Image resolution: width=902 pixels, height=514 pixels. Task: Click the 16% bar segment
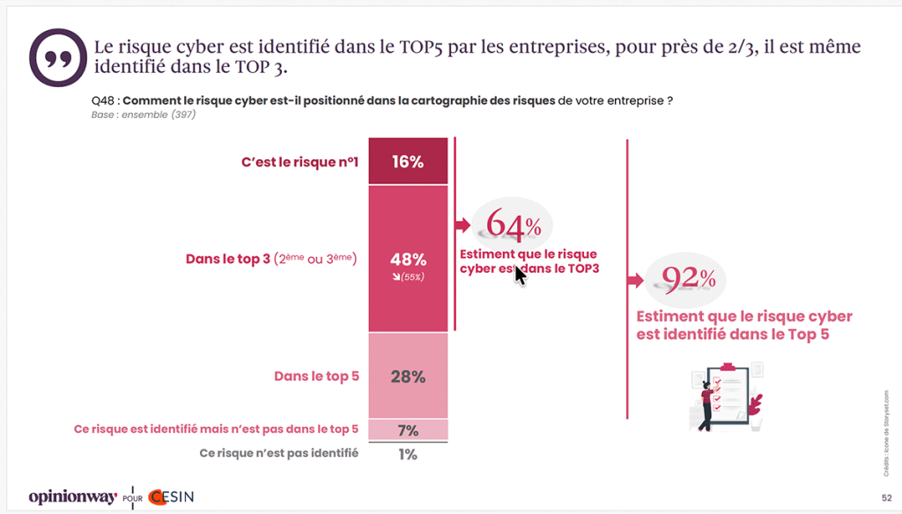408,161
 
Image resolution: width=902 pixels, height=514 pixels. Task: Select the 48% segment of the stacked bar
408,259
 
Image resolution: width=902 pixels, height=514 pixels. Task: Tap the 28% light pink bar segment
408,376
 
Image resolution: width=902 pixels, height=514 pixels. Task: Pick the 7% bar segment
408,430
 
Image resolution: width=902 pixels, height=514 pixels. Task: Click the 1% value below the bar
408,454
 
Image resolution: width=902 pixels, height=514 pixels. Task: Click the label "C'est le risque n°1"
299,162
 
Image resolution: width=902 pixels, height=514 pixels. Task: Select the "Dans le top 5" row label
316,376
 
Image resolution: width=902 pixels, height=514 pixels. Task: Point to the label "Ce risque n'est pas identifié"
279,454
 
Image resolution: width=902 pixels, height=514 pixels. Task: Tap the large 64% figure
514,226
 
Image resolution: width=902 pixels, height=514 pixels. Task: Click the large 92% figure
688,280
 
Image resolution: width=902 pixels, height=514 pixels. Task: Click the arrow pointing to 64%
462,226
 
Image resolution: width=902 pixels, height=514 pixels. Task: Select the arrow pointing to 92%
635,282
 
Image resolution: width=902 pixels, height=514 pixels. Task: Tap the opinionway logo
72,496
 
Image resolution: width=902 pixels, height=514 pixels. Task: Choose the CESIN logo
171,496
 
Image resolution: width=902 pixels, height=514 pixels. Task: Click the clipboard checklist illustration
728,395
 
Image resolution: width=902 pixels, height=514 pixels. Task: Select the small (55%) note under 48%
409,278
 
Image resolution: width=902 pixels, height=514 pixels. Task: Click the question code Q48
101,100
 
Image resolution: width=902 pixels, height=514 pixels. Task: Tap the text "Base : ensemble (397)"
143,114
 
